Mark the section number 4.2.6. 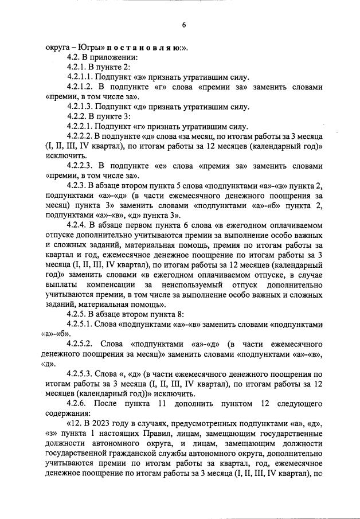[77, 403]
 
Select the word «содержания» [66, 413]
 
